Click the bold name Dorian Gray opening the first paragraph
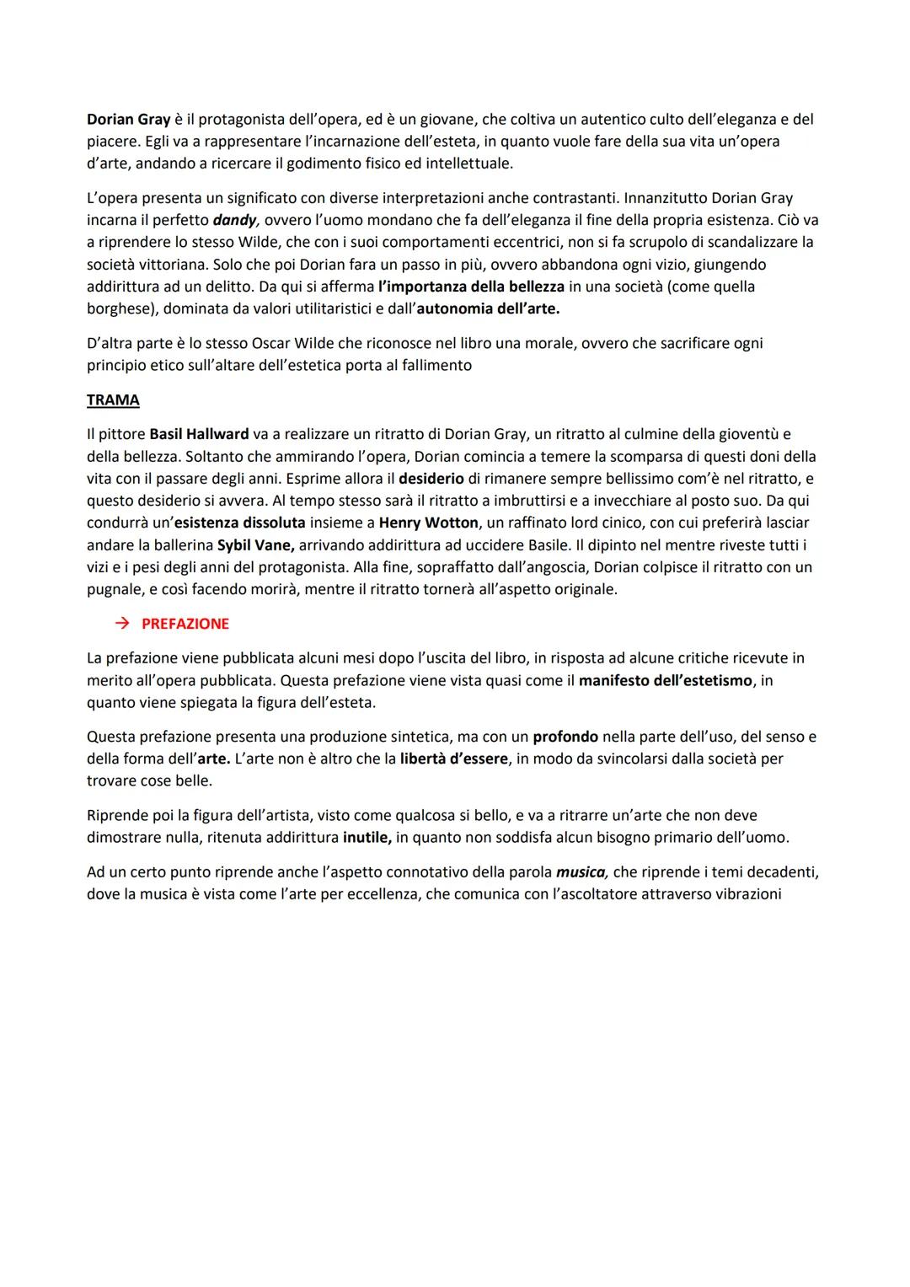click(x=129, y=120)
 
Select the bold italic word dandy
click(x=234, y=220)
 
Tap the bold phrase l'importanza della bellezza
click(x=471, y=287)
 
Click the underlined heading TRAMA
click(x=113, y=400)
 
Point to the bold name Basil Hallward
click(x=199, y=435)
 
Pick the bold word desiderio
click(x=431, y=479)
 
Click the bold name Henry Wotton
click(x=428, y=523)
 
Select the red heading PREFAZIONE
click(x=185, y=624)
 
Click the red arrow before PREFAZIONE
click(x=123, y=624)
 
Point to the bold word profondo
click(x=565, y=737)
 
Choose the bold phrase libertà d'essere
click(x=454, y=759)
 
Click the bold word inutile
click(x=367, y=838)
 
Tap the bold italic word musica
click(x=581, y=871)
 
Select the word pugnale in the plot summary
click(x=115, y=589)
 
